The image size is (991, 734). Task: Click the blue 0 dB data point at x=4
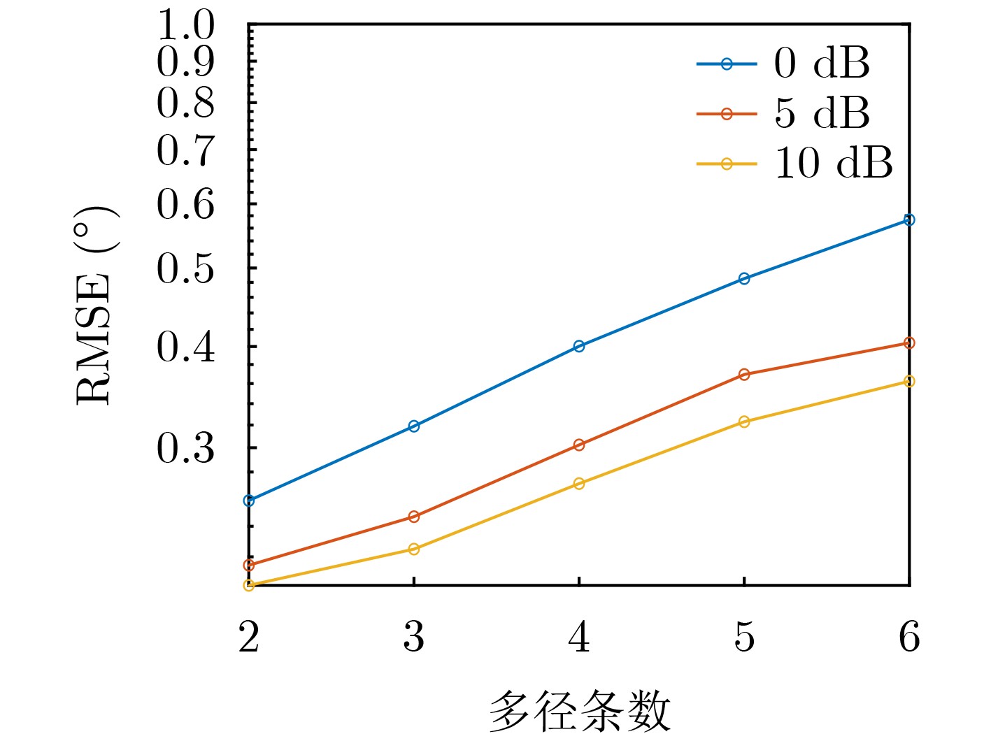(579, 346)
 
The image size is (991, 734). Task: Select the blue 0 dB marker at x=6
(909, 220)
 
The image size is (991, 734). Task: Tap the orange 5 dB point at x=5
(744, 375)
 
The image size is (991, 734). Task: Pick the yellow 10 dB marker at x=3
(414, 549)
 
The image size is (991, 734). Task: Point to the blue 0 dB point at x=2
(249, 501)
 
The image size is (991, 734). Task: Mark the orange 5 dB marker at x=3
(414, 517)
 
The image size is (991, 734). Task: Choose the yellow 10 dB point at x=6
(909, 382)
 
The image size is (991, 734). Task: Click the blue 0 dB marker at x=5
(744, 279)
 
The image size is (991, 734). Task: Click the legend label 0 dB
(822, 63)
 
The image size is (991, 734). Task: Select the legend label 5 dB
(822, 113)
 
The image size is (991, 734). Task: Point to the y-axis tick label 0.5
(185, 268)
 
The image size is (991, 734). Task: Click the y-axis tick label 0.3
(185, 448)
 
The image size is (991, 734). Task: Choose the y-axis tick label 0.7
(185, 150)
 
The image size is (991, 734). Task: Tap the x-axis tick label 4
(579, 637)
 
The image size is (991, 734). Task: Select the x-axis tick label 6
(909, 637)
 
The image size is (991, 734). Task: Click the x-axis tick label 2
(249, 637)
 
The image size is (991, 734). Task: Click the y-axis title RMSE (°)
(94, 305)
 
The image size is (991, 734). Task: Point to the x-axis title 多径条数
(579, 711)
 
